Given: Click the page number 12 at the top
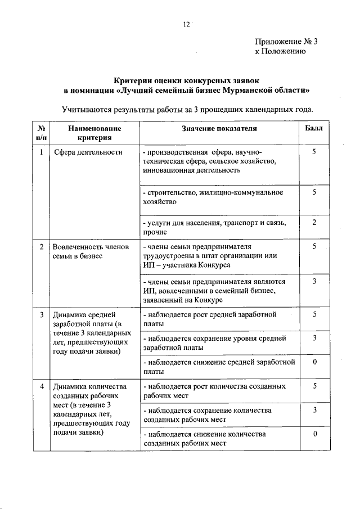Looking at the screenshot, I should (x=187, y=24).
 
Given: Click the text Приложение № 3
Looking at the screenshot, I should (x=286, y=41).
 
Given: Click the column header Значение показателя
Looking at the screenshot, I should (x=219, y=128).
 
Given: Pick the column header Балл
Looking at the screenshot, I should (x=314, y=128).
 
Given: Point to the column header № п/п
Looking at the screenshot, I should (x=41, y=133).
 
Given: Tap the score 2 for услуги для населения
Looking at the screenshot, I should (x=314, y=223).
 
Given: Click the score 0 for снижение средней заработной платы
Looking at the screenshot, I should (x=315, y=362).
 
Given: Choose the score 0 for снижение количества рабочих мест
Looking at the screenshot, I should (x=315, y=434).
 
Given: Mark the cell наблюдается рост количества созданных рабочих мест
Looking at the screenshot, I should (x=214, y=391).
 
